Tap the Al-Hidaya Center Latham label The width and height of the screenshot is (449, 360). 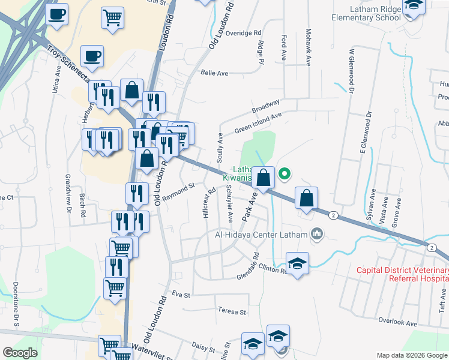(x=259, y=235)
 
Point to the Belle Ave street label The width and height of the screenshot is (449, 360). (x=215, y=73)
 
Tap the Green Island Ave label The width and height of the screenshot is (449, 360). (x=258, y=122)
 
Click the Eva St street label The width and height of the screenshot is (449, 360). (x=181, y=295)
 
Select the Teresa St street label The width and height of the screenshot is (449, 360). (x=232, y=312)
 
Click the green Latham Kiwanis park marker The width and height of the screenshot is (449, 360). (x=285, y=175)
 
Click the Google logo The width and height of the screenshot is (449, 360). (x=20, y=353)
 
